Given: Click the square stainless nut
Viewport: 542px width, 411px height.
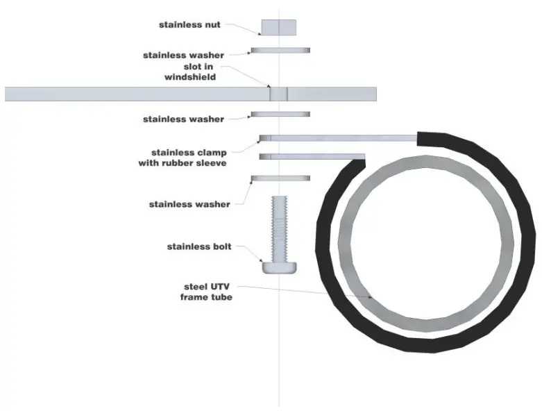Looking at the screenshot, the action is (279, 27).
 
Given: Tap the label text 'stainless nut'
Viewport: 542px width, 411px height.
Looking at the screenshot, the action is (189, 25).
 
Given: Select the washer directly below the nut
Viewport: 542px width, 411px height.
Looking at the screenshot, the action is (280, 50).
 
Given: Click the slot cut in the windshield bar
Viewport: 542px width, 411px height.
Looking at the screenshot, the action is (279, 93).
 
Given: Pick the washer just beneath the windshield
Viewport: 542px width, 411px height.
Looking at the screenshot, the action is (280, 113).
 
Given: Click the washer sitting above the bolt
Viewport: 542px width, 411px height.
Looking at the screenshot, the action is (280, 178).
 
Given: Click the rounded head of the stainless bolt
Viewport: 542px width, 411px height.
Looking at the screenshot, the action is (280, 267).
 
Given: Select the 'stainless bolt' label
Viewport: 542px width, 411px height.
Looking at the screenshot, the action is (198, 246).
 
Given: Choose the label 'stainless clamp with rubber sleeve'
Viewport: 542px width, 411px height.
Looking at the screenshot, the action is (183, 158).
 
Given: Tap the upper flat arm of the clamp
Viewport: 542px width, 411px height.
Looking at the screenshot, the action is (340, 137).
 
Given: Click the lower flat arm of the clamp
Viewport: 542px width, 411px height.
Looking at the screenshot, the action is (312, 157).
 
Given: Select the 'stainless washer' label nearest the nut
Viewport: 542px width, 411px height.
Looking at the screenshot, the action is (183, 55).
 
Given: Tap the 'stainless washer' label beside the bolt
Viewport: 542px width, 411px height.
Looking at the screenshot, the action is (189, 204).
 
